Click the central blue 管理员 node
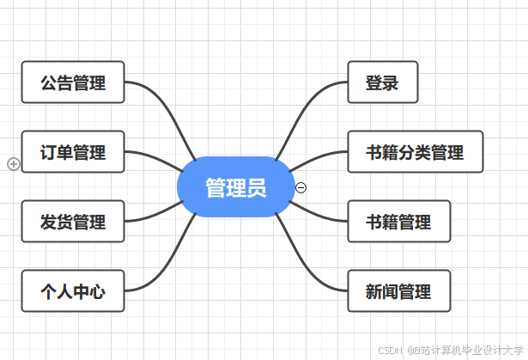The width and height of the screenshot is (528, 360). point(235,187)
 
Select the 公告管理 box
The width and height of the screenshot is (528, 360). point(73,82)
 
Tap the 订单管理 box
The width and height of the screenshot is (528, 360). point(73,152)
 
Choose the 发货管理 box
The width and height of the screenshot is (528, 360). point(73,222)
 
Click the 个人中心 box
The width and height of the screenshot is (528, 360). point(73,291)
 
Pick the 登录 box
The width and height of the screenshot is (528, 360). point(382,82)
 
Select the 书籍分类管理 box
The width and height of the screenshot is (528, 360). point(415,152)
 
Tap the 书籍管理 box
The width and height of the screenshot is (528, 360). point(398,222)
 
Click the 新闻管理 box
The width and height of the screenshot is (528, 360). point(398,291)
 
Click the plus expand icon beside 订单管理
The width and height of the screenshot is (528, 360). point(13,163)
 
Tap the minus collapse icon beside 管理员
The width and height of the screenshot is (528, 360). point(300,187)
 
